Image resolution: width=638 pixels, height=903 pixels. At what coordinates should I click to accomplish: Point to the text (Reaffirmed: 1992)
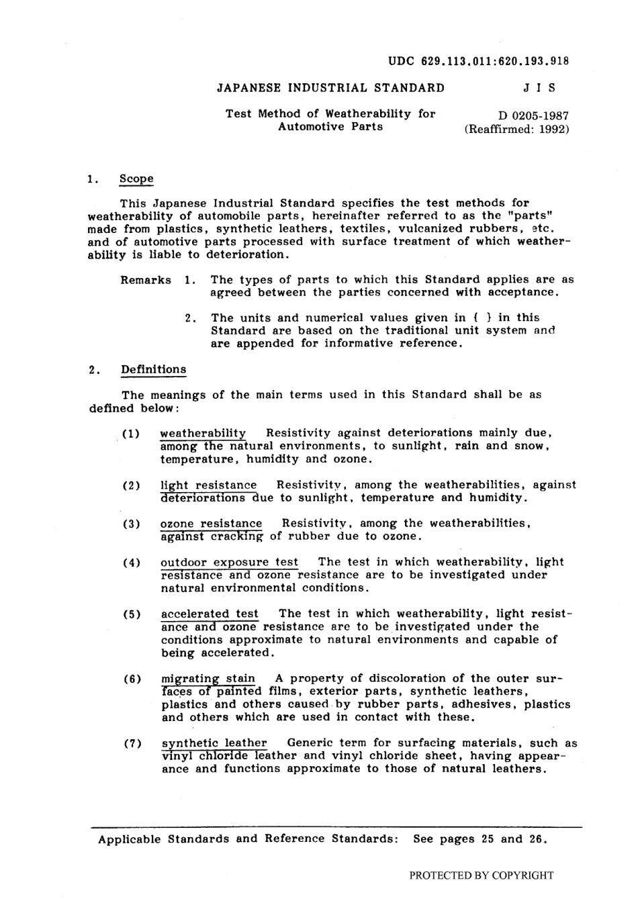pyautogui.click(x=516, y=129)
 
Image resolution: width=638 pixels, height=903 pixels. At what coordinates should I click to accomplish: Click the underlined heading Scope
pyautogui.click(x=136, y=179)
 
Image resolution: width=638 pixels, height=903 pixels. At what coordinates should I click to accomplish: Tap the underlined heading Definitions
pyautogui.click(x=154, y=369)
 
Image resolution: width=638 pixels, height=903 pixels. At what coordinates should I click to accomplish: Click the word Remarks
pyautogui.click(x=146, y=280)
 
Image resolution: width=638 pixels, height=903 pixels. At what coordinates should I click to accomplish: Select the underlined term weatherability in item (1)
pyautogui.click(x=203, y=433)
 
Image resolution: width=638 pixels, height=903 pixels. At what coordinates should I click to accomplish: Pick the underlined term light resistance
pyautogui.click(x=208, y=485)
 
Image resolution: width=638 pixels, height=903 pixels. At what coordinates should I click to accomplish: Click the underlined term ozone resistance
pyautogui.click(x=211, y=523)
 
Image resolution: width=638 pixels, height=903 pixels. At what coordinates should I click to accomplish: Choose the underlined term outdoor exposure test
pyautogui.click(x=229, y=562)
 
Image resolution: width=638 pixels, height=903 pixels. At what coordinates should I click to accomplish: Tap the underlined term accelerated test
pyautogui.click(x=210, y=614)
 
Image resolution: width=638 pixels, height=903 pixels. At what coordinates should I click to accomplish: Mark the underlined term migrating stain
pyautogui.click(x=208, y=678)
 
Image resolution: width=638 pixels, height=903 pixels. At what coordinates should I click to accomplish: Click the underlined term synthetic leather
pyautogui.click(x=214, y=743)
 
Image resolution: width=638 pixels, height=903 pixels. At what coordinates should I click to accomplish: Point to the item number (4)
pyautogui.click(x=132, y=562)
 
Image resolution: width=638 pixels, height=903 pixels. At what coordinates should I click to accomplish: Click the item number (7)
pyautogui.click(x=132, y=743)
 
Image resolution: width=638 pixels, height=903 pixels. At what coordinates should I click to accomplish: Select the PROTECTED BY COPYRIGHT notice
pyautogui.click(x=482, y=875)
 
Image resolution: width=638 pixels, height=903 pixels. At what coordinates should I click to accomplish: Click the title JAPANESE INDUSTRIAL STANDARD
pyautogui.click(x=330, y=88)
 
